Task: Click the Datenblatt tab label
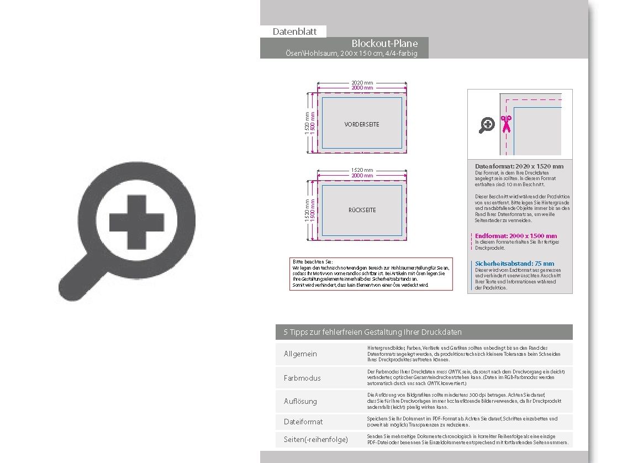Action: (294, 31)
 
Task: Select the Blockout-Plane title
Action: (384, 43)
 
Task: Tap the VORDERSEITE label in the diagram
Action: (362, 124)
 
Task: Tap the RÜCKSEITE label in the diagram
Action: (362, 210)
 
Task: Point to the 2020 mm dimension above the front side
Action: (362, 82)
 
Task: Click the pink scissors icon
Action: (505, 124)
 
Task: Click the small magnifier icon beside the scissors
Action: (487, 125)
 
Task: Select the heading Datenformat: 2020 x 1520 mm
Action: (519, 166)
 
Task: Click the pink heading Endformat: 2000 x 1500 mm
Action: (516, 236)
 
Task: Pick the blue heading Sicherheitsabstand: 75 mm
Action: (514, 264)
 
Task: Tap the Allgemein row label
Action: (300, 354)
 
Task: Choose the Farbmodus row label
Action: (302, 378)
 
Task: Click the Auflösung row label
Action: (300, 401)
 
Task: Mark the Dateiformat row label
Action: (303, 422)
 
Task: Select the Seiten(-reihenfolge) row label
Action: (316, 439)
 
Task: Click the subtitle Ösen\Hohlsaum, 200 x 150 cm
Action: (351, 54)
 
